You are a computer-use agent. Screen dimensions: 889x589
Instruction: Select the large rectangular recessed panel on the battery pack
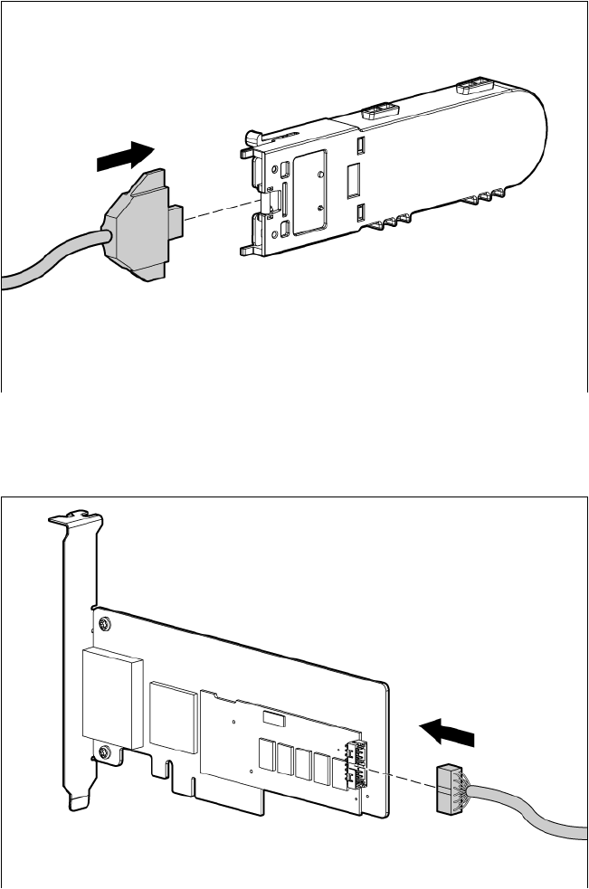[x=310, y=193]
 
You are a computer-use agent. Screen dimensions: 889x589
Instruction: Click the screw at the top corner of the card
[x=106, y=624]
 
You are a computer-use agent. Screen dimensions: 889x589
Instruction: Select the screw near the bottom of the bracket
[x=106, y=752]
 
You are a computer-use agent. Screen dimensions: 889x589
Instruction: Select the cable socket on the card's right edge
[x=356, y=764]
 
